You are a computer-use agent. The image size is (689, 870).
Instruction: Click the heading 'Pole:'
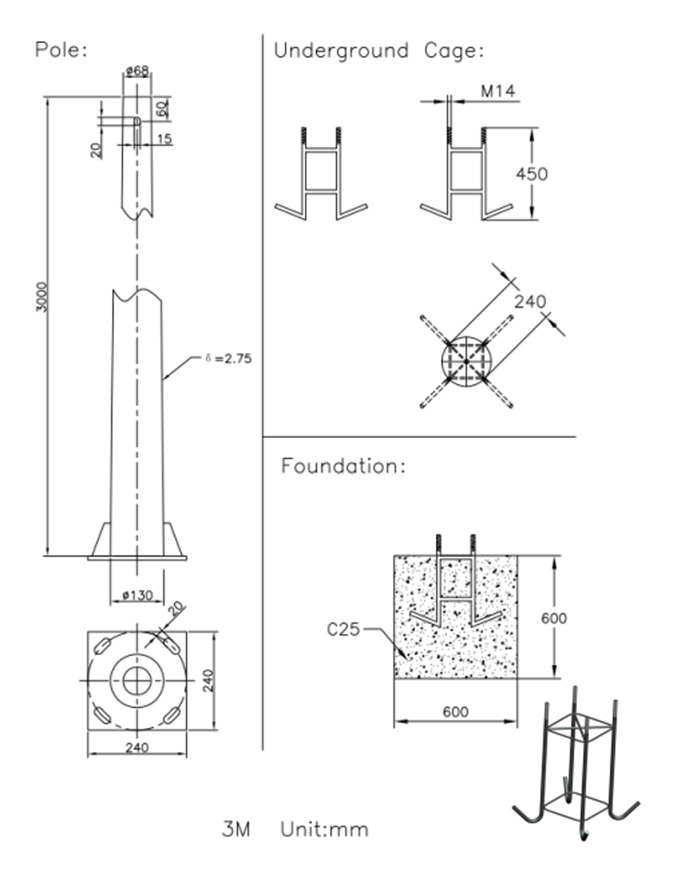click(x=61, y=49)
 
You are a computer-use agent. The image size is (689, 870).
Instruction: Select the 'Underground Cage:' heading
click(x=379, y=51)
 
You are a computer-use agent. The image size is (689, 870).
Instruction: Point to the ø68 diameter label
click(x=137, y=71)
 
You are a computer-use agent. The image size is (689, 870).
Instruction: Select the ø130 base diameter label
click(x=137, y=595)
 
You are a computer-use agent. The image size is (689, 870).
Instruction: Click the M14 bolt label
click(x=499, y=91)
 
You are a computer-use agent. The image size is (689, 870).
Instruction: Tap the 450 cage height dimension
click(x=531, y=174)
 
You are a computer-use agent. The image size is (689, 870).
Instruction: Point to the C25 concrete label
click(x=343, y=630)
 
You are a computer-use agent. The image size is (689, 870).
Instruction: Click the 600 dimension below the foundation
click(x=456, y=712)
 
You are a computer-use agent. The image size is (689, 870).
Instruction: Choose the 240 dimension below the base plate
click(x=137, y=748)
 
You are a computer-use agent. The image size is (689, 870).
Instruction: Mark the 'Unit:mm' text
click(x=324, y=830)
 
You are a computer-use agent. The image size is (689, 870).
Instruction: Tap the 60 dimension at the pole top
click(x=161, y=109)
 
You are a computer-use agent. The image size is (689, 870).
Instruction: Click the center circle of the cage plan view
click(x=466, y=361)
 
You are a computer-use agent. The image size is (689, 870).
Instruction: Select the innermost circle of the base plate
click(x=136, y=680)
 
